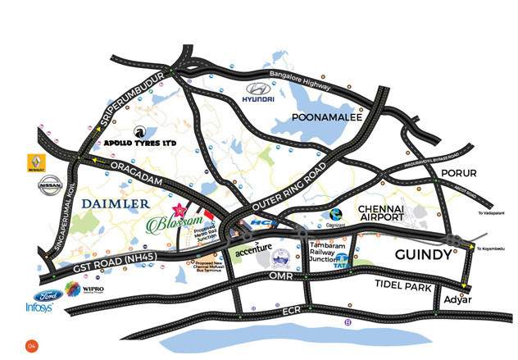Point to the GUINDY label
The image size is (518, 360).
tap(423, 255)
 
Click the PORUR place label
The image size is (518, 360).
tap(458, 174)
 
